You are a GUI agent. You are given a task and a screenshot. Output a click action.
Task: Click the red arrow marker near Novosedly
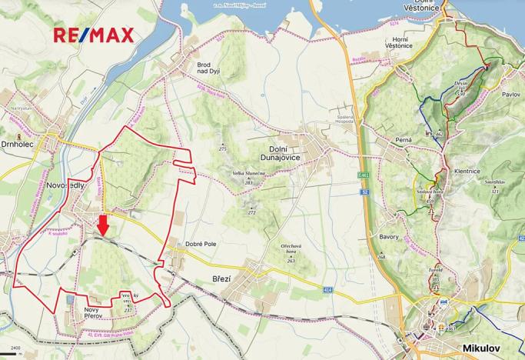103,225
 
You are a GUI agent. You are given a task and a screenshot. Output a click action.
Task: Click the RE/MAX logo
93,35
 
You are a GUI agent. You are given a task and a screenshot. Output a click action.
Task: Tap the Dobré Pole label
201,245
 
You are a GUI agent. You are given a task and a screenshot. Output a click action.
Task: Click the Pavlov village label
511,94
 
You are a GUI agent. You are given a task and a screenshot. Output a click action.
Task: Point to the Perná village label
402,139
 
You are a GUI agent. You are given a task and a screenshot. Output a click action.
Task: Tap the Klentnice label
468,172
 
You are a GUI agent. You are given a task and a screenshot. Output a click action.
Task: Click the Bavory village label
389,236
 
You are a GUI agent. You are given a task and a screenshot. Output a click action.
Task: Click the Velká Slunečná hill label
249,176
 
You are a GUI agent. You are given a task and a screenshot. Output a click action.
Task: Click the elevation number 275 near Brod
223,148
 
